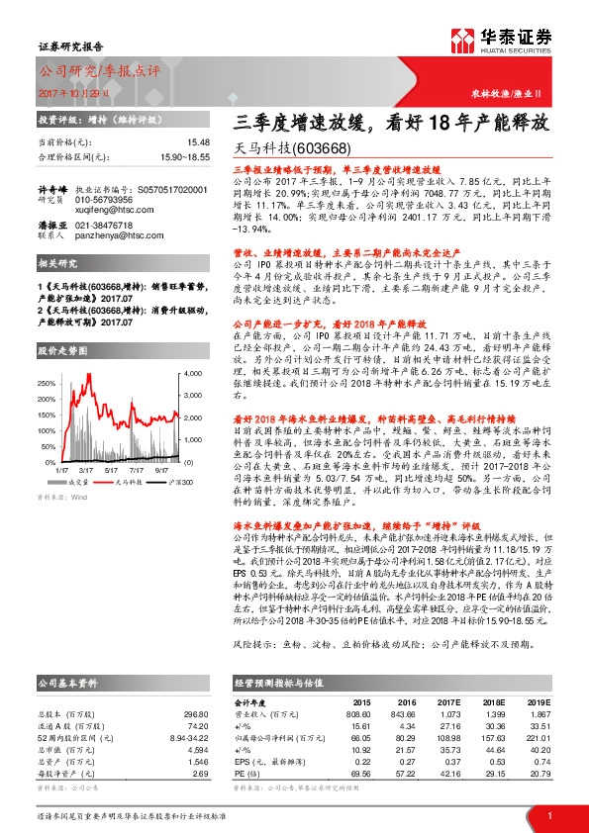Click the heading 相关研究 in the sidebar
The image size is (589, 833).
click(x=56, y=264)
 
